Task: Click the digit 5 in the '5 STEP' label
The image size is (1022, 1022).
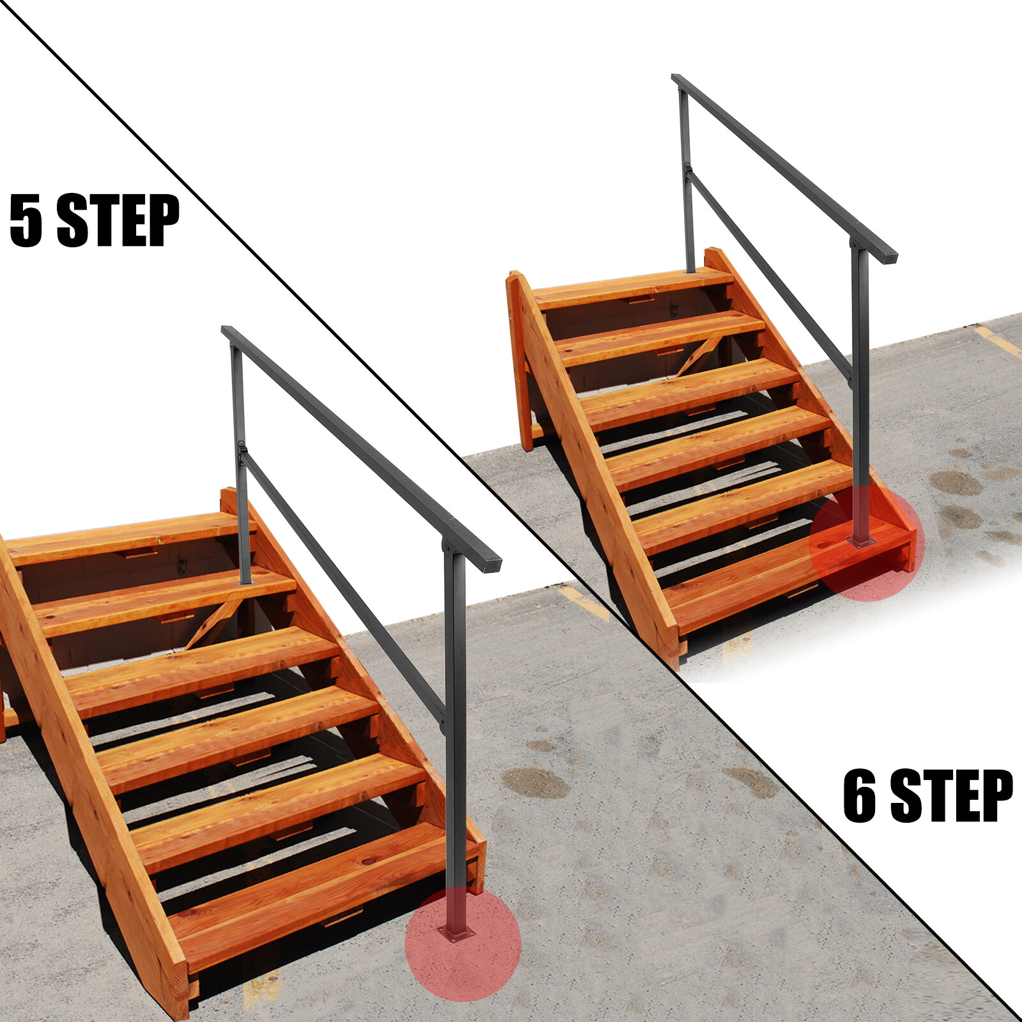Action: pos(26,220)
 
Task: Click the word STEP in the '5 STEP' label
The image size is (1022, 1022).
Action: pos(118,220)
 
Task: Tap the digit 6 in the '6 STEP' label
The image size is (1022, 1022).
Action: pos(860,795)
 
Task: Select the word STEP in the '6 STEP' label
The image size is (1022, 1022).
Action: pos(952,795)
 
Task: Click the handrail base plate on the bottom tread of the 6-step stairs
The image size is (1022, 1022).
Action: pos(861,542)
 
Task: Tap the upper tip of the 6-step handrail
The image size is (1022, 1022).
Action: pos(676,78)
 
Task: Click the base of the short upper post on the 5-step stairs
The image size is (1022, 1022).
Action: pos(245,582)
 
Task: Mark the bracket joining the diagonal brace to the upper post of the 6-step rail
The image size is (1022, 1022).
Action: pos(688,171)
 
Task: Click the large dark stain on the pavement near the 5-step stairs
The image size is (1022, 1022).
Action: pos(535,782)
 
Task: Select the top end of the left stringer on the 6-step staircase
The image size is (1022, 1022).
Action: pos(515,278)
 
